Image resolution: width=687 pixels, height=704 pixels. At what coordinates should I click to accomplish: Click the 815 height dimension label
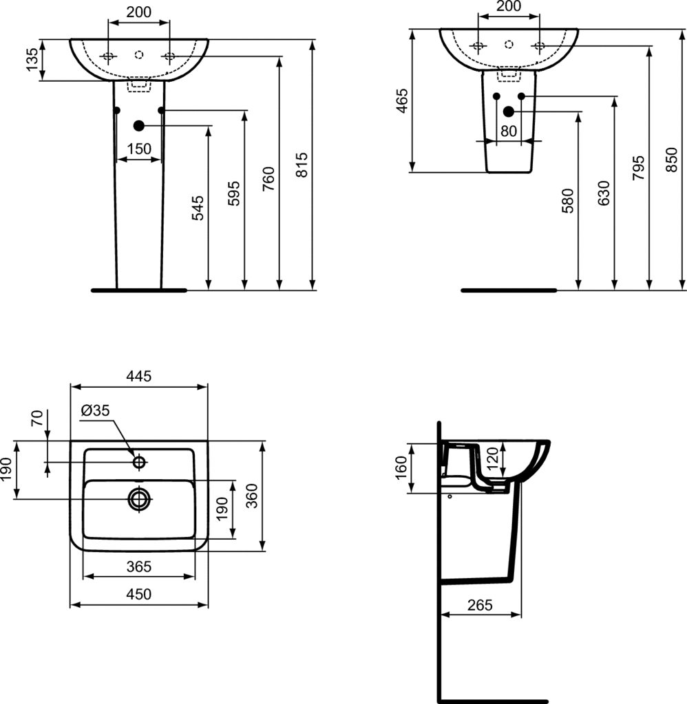(x=303, y=165)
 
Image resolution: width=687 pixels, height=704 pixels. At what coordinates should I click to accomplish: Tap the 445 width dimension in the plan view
(x=139, y=376)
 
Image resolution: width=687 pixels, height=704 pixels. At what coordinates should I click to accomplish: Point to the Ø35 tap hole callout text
(x=95, y=410)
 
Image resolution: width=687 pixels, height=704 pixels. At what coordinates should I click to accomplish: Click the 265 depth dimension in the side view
(x=480, y=605)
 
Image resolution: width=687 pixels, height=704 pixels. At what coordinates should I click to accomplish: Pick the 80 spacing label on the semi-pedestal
(x=509, y=131)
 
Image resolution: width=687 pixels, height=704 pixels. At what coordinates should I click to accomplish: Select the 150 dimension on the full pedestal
(x=139, y=149)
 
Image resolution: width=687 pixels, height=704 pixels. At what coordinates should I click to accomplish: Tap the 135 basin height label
(x=32, y=60)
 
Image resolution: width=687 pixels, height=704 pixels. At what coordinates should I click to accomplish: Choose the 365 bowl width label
(x=139, y=567)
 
